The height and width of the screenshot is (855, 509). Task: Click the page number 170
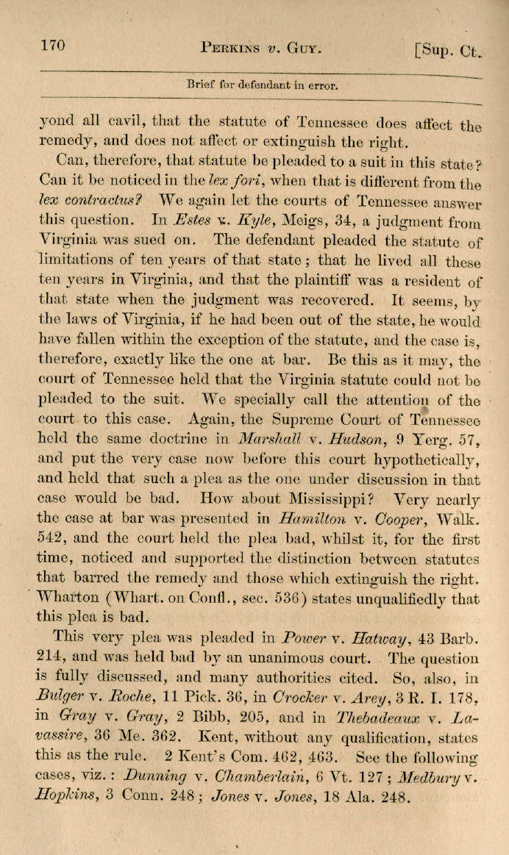coord(53,46)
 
